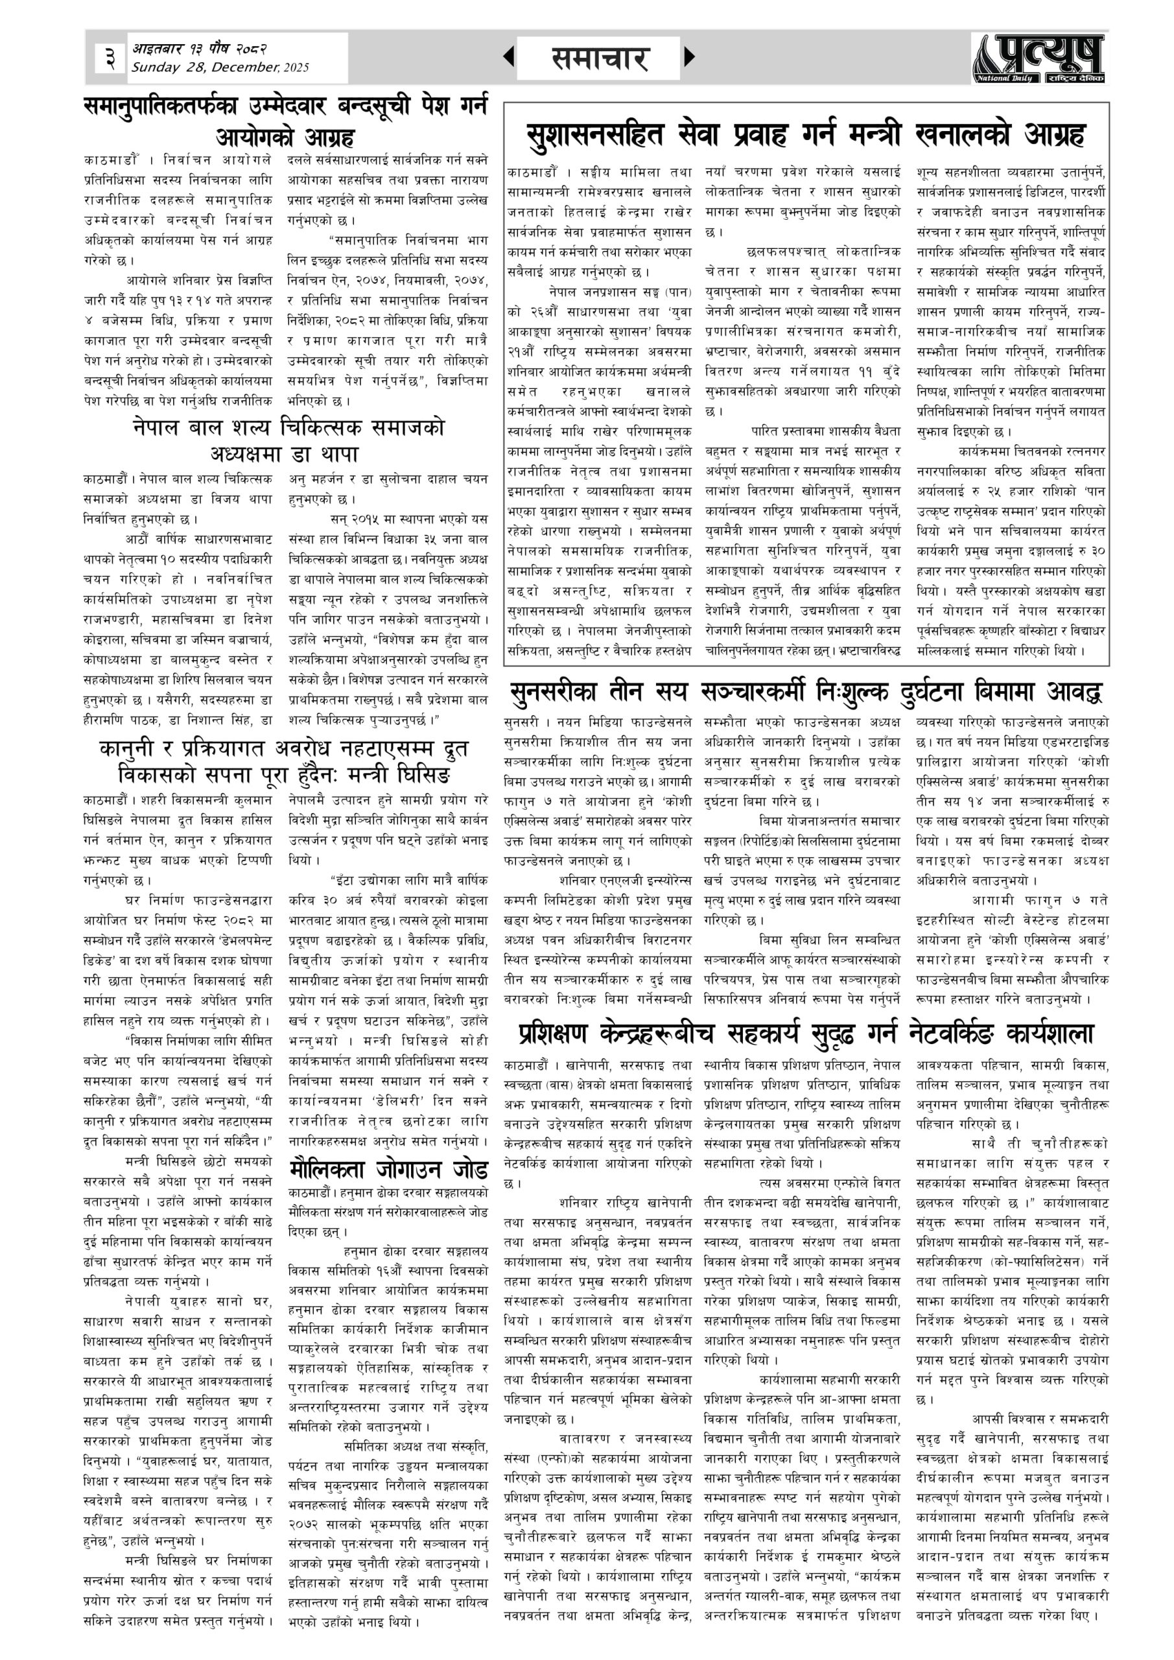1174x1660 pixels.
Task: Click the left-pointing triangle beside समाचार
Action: tap(509, 56)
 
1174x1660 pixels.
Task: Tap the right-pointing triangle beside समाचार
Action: tap(689, 56)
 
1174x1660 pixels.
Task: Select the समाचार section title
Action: tap(598, 58)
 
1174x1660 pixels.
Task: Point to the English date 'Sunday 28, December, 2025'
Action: tap(220, 68)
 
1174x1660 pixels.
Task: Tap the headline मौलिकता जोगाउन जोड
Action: tap(388, 1169)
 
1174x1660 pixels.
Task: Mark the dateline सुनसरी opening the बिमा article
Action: tap(522, 722)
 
